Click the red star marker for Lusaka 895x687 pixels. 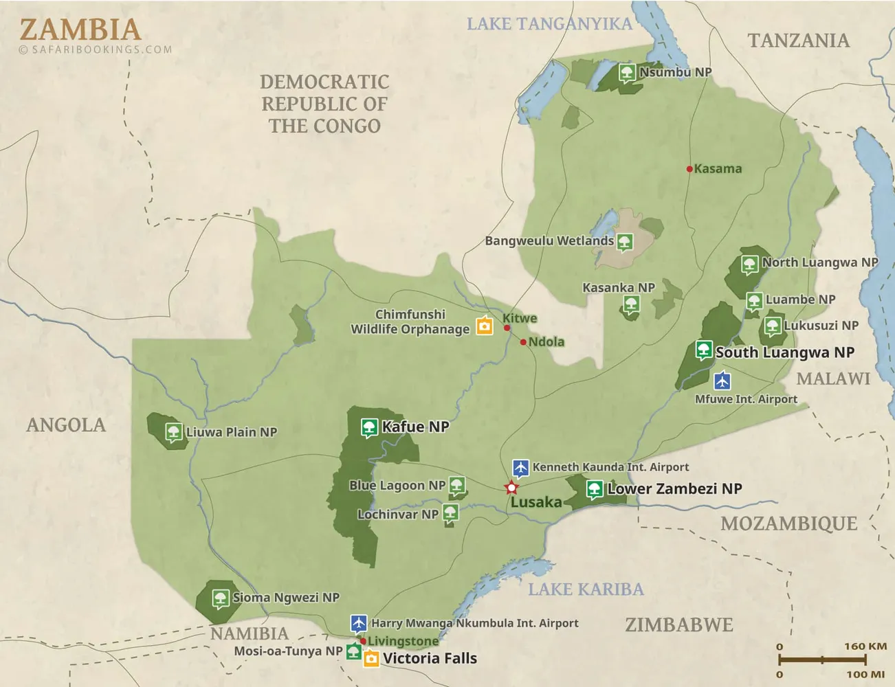point(511,488)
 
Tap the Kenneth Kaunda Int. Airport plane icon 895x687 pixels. point(520,468)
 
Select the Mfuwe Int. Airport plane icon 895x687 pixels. point(722,380)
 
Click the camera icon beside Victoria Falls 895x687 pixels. point(371,659)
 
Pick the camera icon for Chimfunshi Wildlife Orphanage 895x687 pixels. point(485,326)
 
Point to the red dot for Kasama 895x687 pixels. point(689,169)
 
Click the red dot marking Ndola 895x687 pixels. point(523,342)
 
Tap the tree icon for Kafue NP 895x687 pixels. point(369,427)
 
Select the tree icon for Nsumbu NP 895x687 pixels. point(626,72)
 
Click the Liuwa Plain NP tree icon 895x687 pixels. point(173,432)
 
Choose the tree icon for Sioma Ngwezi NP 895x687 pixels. point(220,598)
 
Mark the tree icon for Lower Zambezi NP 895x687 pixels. point(595,489)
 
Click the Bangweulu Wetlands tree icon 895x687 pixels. point(624,241)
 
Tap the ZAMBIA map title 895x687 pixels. point(80,29)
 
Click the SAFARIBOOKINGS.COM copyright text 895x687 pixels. point(96,49)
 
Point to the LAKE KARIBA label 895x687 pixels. point(586,589)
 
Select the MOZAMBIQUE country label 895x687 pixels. point(788,523)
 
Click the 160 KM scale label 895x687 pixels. point(865,646)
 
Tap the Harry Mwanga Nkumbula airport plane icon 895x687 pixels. point(358,623)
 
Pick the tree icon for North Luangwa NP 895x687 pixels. point(749,264)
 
